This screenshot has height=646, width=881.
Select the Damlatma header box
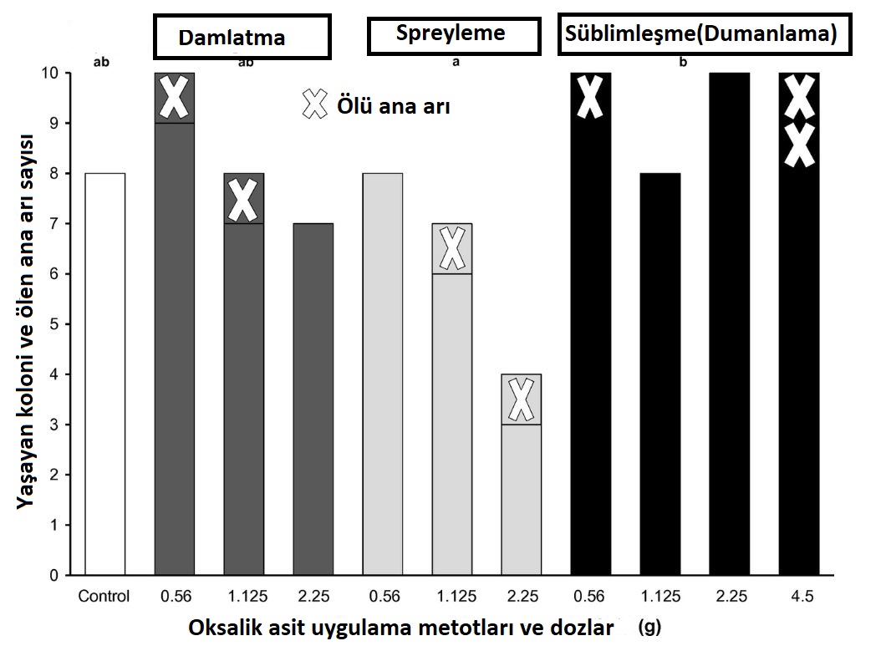point(242,37)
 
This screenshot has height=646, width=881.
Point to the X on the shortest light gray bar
point(522,399)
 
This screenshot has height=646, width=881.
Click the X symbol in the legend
point(316,104)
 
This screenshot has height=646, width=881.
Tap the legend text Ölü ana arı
point(393,106)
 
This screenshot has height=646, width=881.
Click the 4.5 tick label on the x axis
point(799,597)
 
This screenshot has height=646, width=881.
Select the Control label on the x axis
point(104,597)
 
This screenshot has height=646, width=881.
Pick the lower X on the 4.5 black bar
point(799,145)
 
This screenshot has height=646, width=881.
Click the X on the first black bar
point(590,97)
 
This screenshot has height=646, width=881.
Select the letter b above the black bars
point(684,62)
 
